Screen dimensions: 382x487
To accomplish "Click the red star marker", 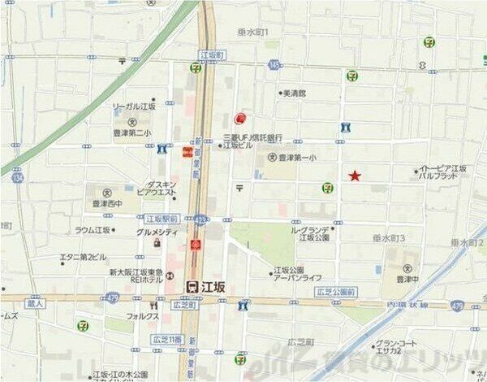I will tap(355, 176).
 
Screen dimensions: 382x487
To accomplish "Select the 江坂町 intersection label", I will tap(210, 54).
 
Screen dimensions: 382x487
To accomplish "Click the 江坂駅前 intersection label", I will tap(162, 219).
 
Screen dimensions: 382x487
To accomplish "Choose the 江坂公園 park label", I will tap(288, 269).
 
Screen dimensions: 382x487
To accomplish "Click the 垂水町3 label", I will tap(389, 237).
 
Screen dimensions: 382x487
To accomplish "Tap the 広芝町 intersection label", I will tap(185, 306).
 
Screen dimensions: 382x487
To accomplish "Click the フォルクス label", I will tap(141, 315).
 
